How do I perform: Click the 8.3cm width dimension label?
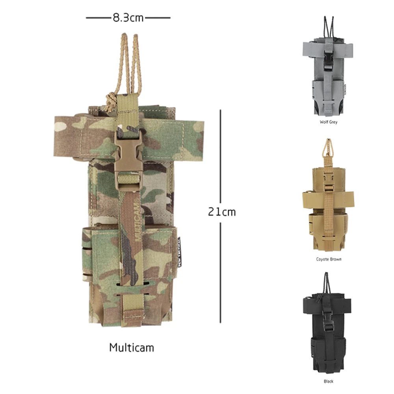click(128, 18)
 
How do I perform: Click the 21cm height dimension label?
click(222, 212)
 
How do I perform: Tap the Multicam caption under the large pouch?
click(132, 348)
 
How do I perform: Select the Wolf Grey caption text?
click(328, 122)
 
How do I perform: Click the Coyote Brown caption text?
click(329, 259)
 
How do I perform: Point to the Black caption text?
click(328, 381)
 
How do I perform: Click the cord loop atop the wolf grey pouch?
click(327, 26)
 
